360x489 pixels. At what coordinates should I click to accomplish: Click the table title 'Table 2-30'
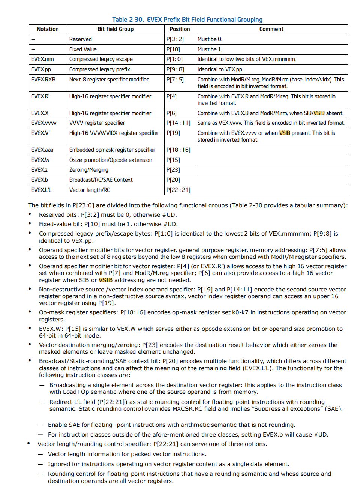coord(127,19)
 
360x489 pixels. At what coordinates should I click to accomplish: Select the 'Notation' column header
coord(48,29)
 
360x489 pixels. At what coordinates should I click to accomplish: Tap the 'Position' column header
coord(180,29)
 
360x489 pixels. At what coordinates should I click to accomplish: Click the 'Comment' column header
coord(271,29)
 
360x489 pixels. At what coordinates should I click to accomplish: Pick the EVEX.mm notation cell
coord(42,59)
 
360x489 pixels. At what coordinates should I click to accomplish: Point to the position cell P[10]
coord(173,49)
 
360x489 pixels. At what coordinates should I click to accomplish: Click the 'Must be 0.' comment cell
coord(210,39)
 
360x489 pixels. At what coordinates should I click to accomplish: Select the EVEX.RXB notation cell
coord(43,79)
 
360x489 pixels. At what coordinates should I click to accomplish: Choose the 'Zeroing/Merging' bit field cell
coord(88,170)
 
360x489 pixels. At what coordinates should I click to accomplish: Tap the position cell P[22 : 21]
coord(178,190)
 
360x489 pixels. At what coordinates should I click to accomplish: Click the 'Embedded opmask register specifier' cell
coord(112,150)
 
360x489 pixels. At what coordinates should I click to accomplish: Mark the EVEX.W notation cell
coord(40,160)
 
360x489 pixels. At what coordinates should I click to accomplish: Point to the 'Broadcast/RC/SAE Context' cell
coord(101,180)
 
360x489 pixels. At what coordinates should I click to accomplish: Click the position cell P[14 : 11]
coord(178,123)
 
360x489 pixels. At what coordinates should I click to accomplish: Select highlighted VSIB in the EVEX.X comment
coord(319,113)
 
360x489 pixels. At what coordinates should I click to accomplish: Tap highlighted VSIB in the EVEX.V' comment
coord(285,133)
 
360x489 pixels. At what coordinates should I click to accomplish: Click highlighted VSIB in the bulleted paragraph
coord(105,280)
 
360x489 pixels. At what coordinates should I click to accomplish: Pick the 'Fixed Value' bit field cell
coord(83,49)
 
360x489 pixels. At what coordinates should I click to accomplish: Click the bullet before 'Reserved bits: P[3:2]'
coord(30,214)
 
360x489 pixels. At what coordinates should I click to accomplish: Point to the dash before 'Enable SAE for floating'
coord(40,425)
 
